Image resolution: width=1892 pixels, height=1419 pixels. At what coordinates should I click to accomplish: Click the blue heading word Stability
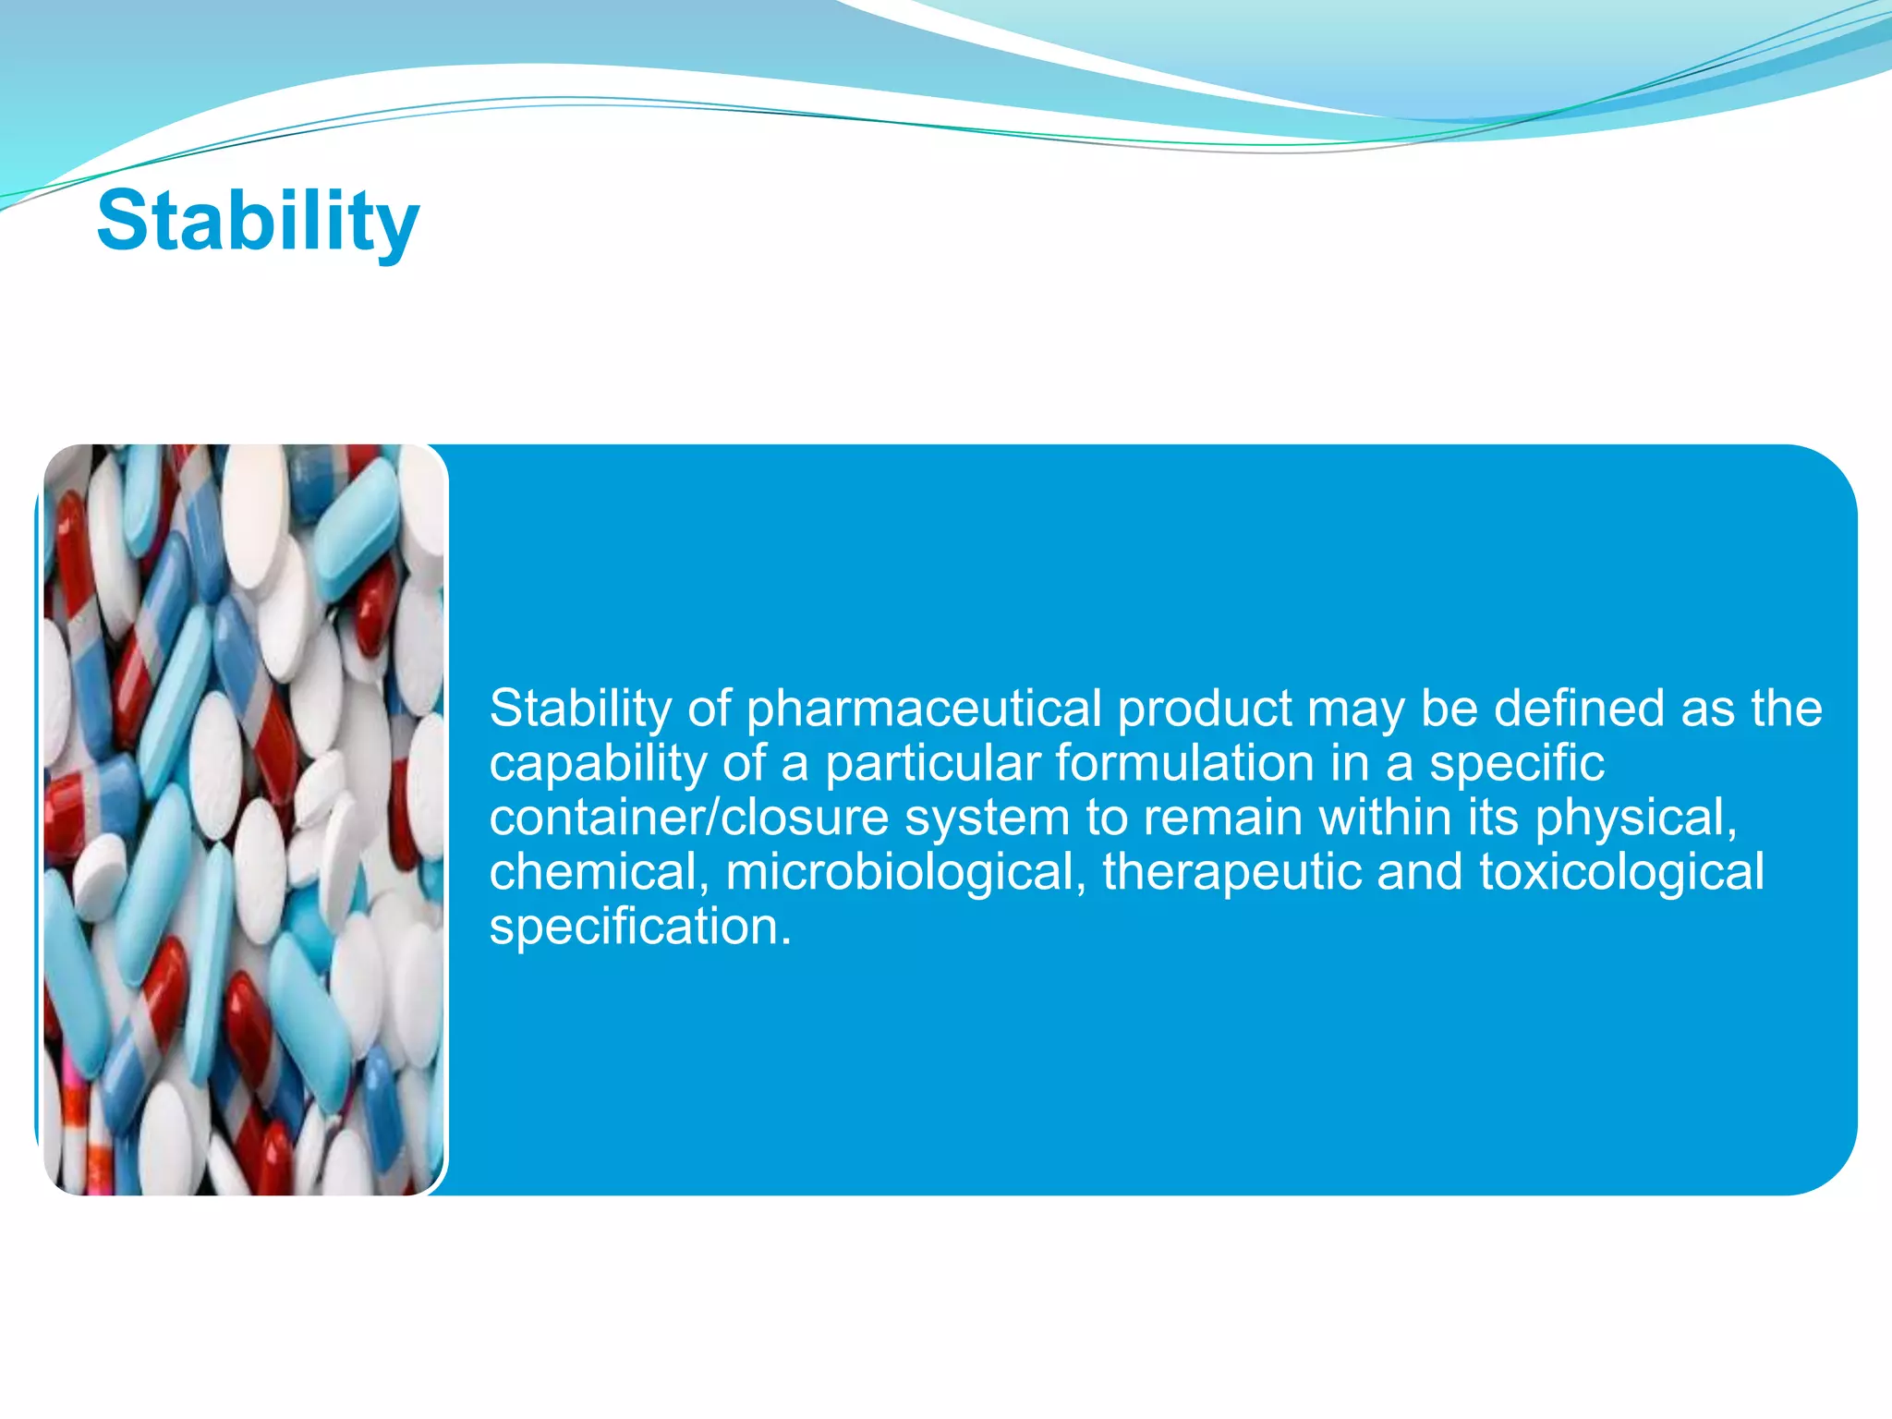258,222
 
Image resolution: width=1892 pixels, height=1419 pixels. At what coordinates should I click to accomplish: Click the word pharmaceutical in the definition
924,709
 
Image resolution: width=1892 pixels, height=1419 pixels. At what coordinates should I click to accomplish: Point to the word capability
598,765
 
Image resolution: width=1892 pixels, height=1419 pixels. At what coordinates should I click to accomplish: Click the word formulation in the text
1184,765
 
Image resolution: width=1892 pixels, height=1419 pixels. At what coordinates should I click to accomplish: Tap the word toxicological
1621,873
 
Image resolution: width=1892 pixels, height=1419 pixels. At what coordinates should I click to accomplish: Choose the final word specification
639,928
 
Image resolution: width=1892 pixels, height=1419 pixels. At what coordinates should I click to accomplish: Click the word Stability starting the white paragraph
579,709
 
